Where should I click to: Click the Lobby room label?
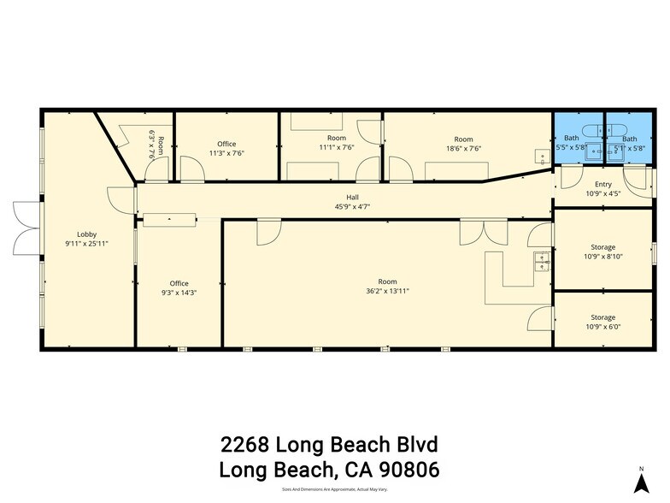[86, 234]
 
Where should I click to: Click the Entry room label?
[602, 185]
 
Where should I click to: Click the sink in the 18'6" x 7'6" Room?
[541, 157]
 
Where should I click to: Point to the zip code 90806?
[405, 470]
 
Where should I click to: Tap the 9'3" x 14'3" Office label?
[179, 288]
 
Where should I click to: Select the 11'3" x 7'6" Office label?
[226, 148]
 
